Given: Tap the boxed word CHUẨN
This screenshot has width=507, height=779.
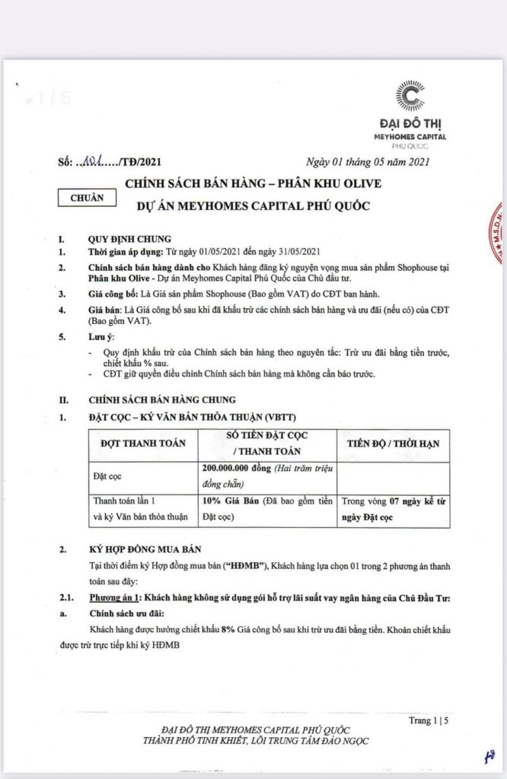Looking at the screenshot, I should coord(87,196).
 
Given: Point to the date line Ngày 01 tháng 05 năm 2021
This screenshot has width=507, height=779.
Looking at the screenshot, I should coord(368,161).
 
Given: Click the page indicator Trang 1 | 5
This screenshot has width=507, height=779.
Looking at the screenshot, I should coord(429,719).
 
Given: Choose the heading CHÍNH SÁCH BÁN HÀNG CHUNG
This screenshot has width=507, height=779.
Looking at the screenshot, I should coord(162,399).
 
